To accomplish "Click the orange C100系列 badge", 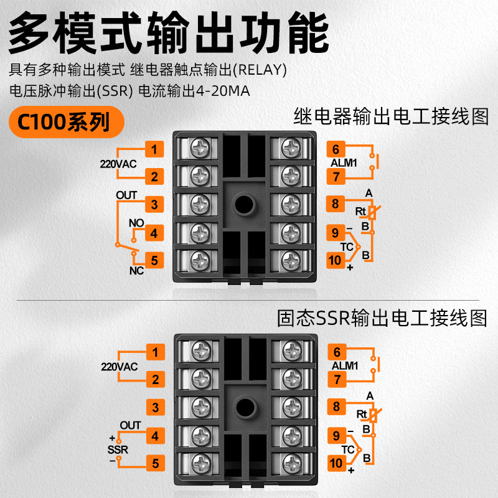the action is coord(67,122).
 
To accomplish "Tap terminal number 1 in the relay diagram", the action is coord(154,149).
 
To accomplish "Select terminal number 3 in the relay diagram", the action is coord(154,204).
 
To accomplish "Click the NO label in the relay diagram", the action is coord(136,223).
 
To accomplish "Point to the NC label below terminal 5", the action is coord(136,271).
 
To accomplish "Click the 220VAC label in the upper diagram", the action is coord(118,164).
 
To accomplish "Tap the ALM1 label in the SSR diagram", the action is coord(345,365).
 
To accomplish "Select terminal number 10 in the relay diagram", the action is coord(336,260).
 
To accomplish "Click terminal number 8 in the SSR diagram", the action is coord(337,406).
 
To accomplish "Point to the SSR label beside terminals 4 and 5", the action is coord(118,449).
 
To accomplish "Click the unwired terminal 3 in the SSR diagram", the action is coord(155,407).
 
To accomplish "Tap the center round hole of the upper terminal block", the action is coord(244,205).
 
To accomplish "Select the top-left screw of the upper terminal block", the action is coord(200,148).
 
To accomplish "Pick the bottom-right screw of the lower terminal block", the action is coord(292,463).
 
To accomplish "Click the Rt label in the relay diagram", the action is coord(360,211).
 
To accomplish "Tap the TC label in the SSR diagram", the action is coord(348,449).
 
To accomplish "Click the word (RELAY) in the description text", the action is coord(260,70).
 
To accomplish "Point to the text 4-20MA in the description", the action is coord(223,91).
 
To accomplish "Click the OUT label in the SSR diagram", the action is coord(130,425).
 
